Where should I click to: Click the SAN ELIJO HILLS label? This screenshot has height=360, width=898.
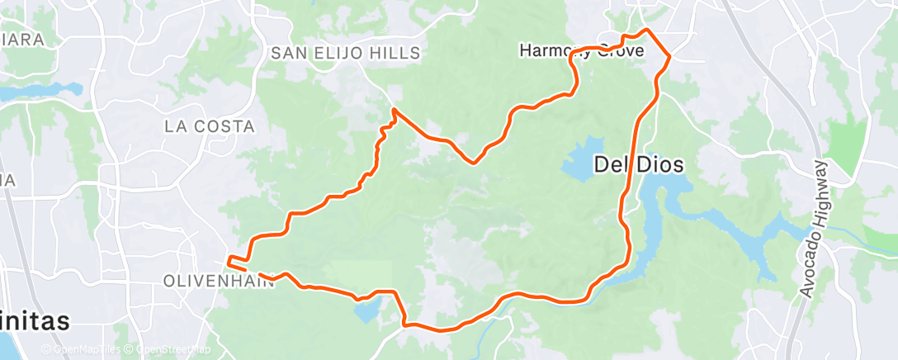tap(347, 53)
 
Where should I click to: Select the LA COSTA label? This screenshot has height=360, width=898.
tap(210, 126)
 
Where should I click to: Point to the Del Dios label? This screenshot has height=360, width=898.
tap(639, 165)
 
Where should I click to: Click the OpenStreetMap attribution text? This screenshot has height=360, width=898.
tap(169, 350)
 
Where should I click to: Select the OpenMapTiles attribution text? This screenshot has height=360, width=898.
tap(83, 350)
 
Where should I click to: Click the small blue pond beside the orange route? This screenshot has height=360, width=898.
tap(366, 310)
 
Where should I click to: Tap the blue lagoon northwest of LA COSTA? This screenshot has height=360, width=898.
tap(41, 92)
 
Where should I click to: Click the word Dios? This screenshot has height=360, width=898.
tap(660, 165)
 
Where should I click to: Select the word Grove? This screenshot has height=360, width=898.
tap(645, 50)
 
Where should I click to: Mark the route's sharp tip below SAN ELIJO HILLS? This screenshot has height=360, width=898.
tap(395, 109)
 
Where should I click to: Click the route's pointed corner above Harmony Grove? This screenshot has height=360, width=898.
tap(646, 31)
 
